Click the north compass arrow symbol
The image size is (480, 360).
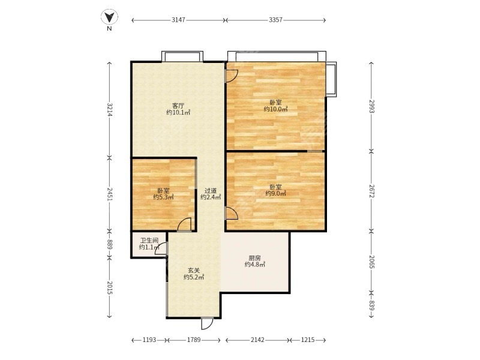tap(109, 17)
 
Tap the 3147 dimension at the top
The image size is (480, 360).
tap(178, 20)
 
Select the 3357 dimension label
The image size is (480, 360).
tap(275, 20)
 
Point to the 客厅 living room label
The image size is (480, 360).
tap(178, 106)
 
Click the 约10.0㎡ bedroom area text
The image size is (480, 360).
tap(276, 109)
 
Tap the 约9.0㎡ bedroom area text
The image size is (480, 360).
tap(276, 193)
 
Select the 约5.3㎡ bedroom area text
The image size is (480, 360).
tap(163, 197)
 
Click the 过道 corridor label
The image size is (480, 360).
tap(211, 191)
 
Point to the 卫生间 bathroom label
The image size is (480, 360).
tap(149, 241)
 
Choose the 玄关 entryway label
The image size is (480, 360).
tap(194, 271)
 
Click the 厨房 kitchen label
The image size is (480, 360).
tap(254, 258)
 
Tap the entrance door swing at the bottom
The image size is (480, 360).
tap(207, 323)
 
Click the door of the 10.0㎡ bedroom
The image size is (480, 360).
tap(232, 76)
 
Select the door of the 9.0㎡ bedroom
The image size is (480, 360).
tap(232, 214)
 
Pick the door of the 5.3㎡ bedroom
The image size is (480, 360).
tap(185, 224)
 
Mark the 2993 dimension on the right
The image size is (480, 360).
tap(371, 106)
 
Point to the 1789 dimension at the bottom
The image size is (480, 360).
tap(194, 340)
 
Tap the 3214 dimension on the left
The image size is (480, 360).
tap(110, 110)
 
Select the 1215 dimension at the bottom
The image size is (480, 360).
tap(308, 340)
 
